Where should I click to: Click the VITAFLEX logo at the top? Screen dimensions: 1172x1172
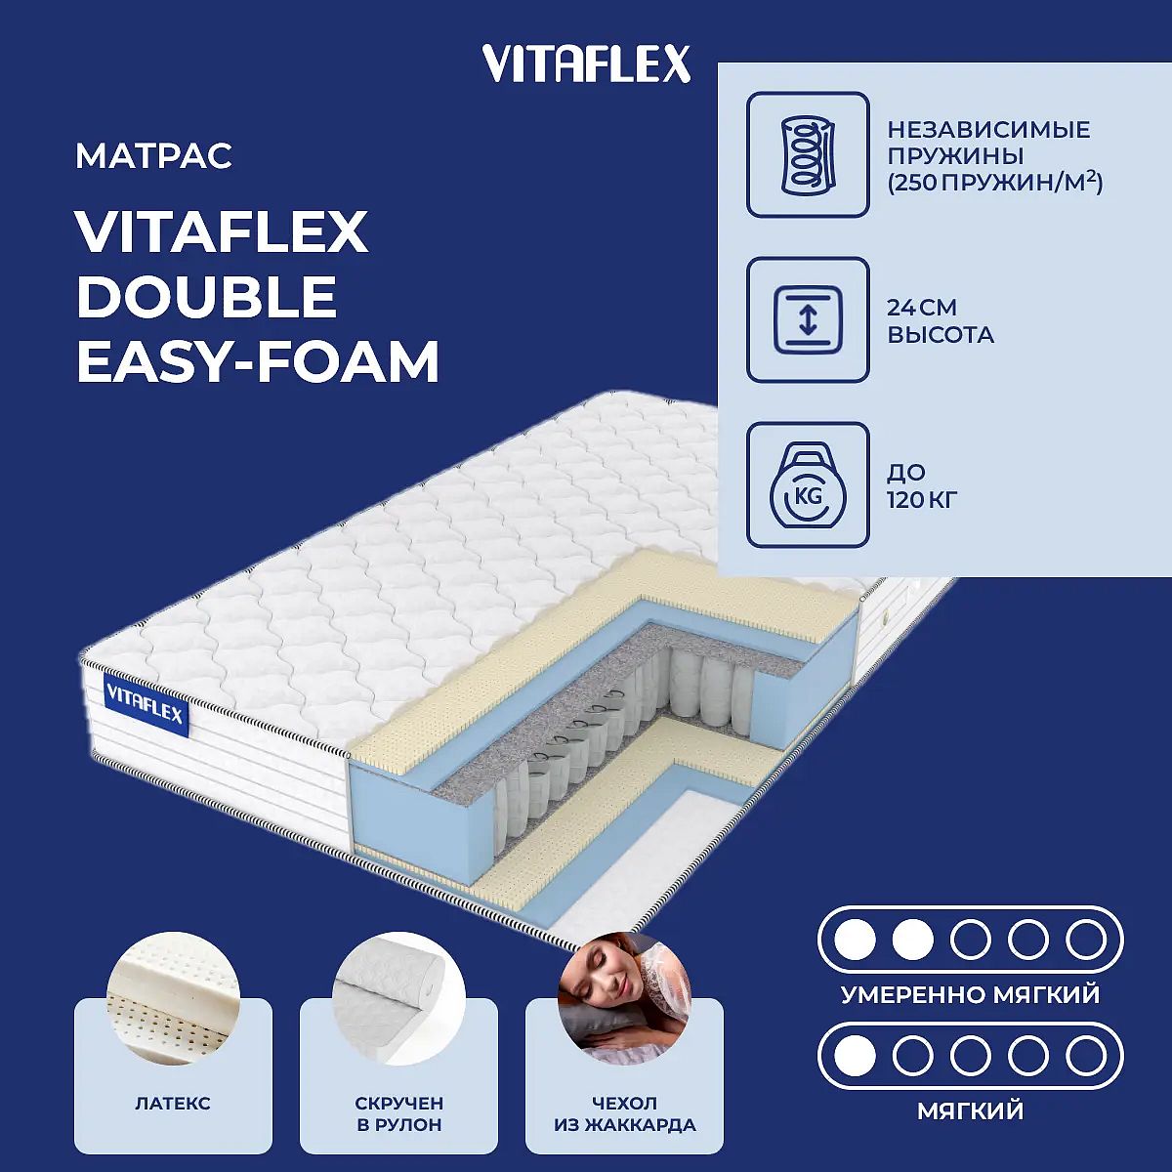(x=586, y=63)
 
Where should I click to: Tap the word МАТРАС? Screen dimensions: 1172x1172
(x=154, y=155)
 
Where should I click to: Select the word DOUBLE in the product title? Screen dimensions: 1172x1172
(x=206, y=296)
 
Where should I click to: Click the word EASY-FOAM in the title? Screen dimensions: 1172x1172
(x=257, y=361)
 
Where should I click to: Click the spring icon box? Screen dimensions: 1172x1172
(x=808, y=154)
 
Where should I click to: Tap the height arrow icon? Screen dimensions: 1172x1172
(x=808, y=319)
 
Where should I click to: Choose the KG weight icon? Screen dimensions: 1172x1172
(x=808, y=484)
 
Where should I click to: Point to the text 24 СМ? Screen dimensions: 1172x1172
(x=922, y=308)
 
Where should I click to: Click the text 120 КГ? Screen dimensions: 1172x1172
(x=922, y=500)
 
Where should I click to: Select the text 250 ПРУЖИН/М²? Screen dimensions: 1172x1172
(x=995, y=183)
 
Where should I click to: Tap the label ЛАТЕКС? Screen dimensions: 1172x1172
(x=173, y=1104)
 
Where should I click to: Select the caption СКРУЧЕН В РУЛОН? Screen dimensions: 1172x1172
(x=399, y=1113)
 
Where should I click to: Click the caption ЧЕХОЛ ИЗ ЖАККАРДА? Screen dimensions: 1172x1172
(x=625, y=1113)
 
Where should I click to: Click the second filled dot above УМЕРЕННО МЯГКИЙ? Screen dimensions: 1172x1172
(x=912, y=940)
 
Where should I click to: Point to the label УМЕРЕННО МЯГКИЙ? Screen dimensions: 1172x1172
(x=970, y=995)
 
